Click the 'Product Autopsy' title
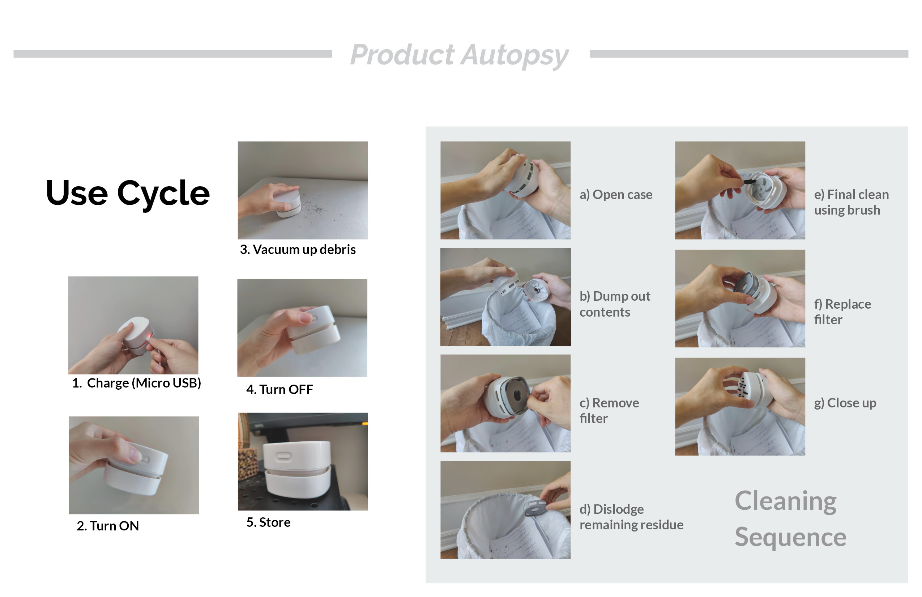point(459,55)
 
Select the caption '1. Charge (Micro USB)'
point(136,383)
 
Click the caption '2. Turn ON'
point(108,526)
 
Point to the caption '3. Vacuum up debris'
point(298,250)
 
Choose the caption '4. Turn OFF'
point(280,389)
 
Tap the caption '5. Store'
point(268,522)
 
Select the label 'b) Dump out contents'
point(615,304)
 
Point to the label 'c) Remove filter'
point(609,411)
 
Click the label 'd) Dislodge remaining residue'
point(631,517)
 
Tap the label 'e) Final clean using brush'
point(851,202)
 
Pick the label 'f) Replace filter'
point(842,312)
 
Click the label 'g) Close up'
point(845,403)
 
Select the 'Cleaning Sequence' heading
point(790,519)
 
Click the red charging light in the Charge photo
point(149,336)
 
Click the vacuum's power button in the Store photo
point(283,456)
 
